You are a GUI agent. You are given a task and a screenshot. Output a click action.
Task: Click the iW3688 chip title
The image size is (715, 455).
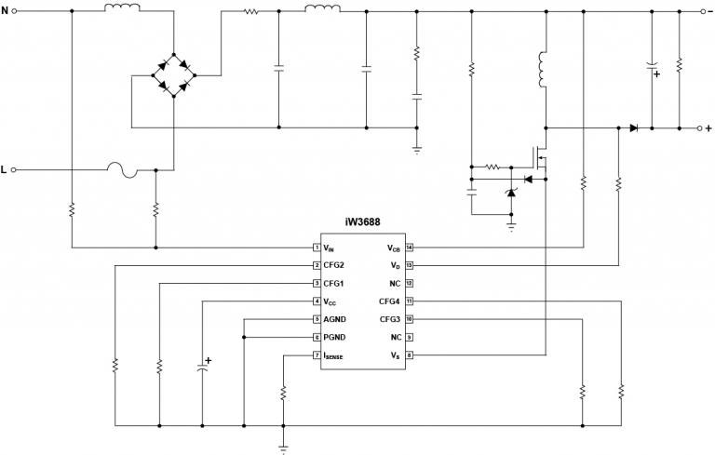click(x=362, y=223)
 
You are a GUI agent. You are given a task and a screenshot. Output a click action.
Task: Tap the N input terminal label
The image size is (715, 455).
click(x=5, y=11)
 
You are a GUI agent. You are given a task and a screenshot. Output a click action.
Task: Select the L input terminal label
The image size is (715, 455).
click(x=5, y=170)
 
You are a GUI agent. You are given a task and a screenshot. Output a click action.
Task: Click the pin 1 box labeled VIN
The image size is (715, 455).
click(x=317, y=248)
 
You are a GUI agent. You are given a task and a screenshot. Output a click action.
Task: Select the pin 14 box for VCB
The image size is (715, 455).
click(x=408, y=248)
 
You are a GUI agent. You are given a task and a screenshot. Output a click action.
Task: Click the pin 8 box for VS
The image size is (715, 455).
click(x=408, y=355)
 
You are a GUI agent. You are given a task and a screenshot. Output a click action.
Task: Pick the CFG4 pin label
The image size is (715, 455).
click(x=390, y=301)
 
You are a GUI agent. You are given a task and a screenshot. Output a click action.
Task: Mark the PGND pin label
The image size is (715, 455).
click(x=335, y=337)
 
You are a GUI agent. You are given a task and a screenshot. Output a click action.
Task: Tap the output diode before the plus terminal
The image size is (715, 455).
click(x=634, y=127)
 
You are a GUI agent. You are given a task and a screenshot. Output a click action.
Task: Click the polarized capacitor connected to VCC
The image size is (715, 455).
click(x=202, y=368)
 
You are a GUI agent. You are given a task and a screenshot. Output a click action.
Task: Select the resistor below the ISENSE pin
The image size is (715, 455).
click(x=283, y=393)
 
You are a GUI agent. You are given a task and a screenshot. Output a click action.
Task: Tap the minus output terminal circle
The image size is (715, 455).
click(x=703, y=12)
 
